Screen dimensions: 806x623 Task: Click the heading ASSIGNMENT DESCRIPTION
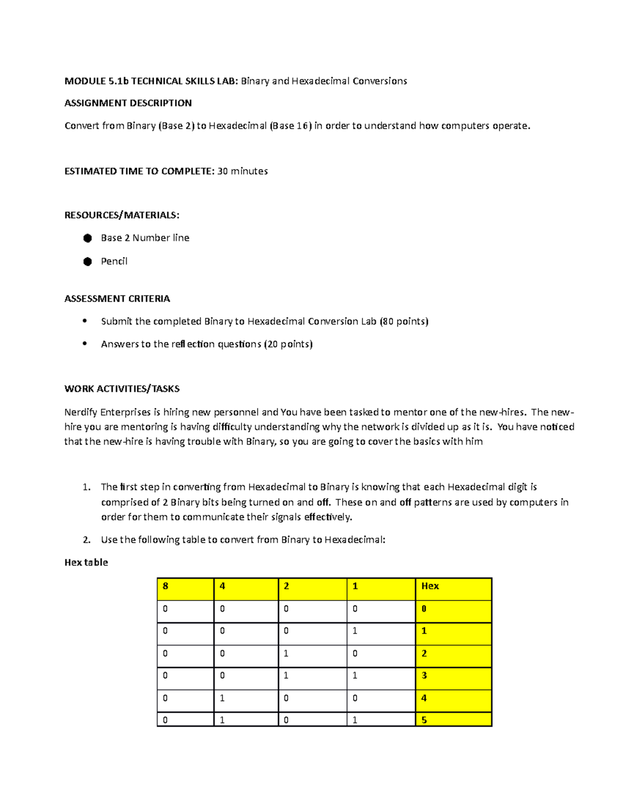tap(128, 103)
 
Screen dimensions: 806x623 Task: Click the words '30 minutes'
tap(242, 171)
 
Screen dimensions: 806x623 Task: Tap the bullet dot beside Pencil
tap(87, 262)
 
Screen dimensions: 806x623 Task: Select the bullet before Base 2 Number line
tap(87, 238)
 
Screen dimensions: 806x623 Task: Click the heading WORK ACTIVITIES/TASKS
tap(122, 389)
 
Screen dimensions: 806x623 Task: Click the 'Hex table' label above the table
tap(86, 563)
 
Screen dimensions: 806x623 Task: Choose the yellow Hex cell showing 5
tap(453, 719)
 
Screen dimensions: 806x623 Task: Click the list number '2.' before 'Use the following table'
tap(87, 540)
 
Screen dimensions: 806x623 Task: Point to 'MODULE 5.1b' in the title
tap(97, 81)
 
